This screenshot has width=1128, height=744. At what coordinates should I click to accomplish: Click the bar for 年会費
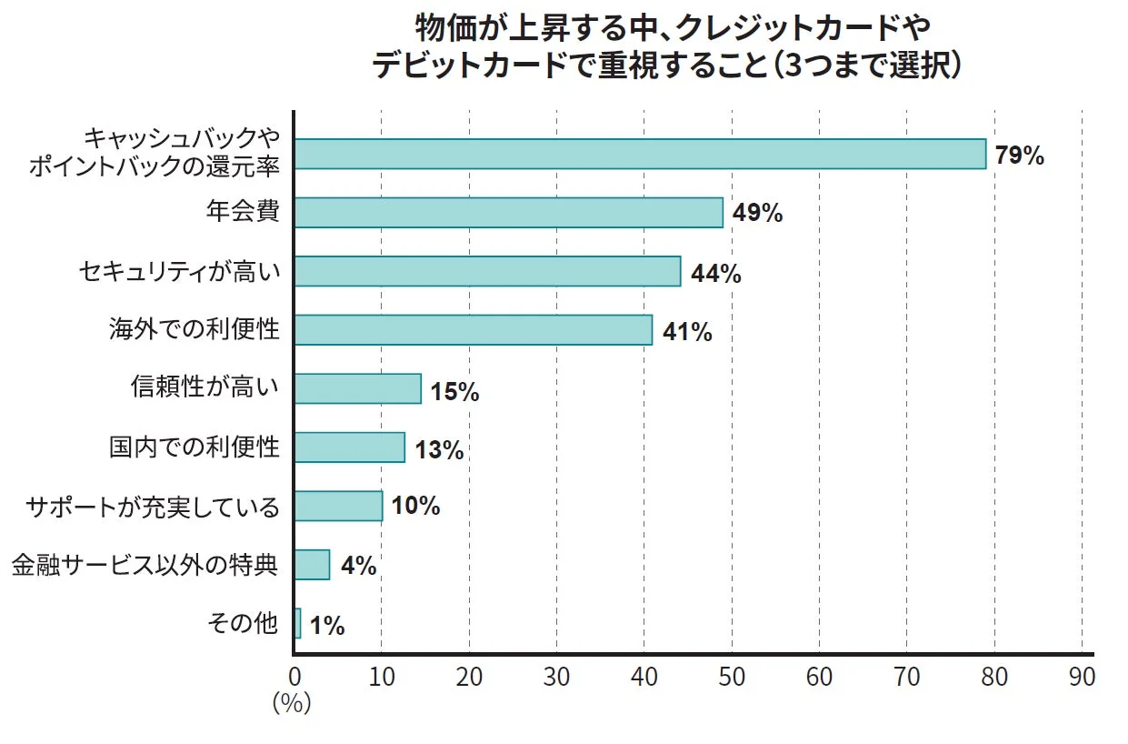click(508, 213)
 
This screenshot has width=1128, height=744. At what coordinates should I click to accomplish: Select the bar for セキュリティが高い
click(487, 271)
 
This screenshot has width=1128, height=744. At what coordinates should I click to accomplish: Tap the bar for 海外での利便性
click(473, 330)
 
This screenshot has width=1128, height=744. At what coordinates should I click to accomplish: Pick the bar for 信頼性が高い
click(357, 388)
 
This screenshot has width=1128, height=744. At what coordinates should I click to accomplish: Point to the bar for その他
click(297, 624)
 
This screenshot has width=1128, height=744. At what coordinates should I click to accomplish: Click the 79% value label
click(1019, 156)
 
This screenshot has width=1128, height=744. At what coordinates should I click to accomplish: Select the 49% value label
click(756, 214)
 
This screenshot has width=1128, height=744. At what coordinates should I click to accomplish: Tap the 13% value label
click(439, 449)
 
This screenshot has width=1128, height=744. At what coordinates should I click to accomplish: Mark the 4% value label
click(358, 567)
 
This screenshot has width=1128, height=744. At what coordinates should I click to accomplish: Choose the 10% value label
click(416, 507)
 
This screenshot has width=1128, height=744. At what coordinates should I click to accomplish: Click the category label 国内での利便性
click(194, 447)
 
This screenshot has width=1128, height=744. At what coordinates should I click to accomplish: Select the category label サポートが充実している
click(153, 507)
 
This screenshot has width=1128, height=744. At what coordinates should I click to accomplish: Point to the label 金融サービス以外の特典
click(144, 566)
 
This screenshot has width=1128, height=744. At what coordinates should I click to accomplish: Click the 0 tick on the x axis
click(294, 677)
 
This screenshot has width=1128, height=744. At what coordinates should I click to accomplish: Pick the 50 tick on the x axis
click(732, 677)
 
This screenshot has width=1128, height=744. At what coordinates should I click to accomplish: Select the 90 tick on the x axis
click(1082, 677)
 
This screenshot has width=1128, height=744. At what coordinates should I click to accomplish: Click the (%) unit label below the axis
click(292, 703)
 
